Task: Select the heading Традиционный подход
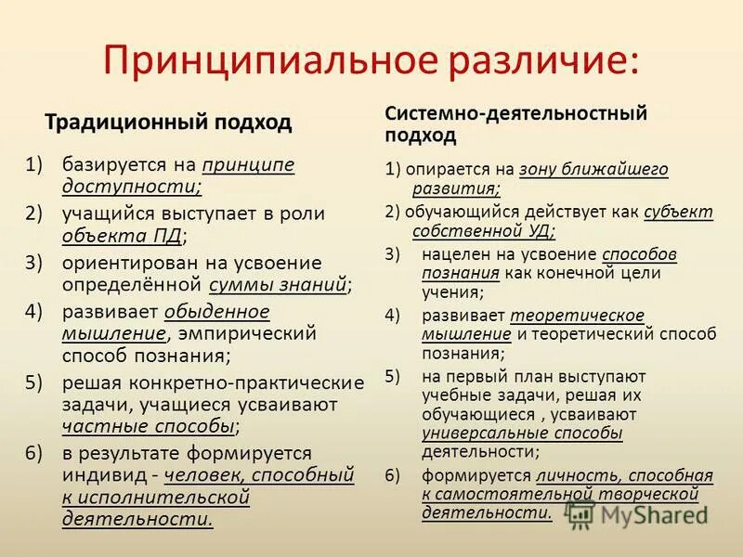[x=168, y=123]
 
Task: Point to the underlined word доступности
[x=131, y=187]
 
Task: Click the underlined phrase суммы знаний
[x=279, y=284]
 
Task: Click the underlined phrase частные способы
[x=149, y=427]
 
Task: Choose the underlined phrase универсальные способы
[x=522, y=433]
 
